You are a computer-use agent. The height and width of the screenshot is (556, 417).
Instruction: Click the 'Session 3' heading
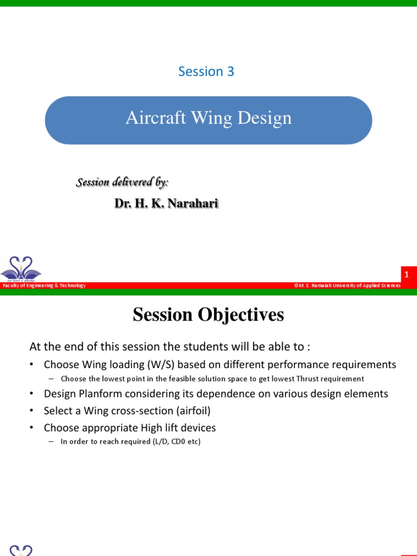[x=206, y=72]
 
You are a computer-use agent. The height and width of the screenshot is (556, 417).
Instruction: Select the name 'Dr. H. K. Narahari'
[x=166, y=204]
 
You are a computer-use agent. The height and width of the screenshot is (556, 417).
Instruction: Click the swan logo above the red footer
[x=21, y=268]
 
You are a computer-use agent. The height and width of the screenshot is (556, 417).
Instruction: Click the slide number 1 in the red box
[x=406, y=275]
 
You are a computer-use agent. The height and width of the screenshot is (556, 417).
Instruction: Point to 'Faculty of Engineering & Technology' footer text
[x=44, y=286]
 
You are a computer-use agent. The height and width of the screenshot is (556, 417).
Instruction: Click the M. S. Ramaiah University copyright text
[x=347, y=286]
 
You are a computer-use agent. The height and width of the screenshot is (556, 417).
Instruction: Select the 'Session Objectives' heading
[x=208, y=315]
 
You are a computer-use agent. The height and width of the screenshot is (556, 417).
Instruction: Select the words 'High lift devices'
[x=179, y=428]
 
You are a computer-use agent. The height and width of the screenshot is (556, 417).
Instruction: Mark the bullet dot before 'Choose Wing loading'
[x=32, y=365]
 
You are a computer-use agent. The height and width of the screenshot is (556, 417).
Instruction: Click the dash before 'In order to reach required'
[x=51, y=442]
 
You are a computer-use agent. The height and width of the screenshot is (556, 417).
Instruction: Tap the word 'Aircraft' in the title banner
[x=153, y=118]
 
